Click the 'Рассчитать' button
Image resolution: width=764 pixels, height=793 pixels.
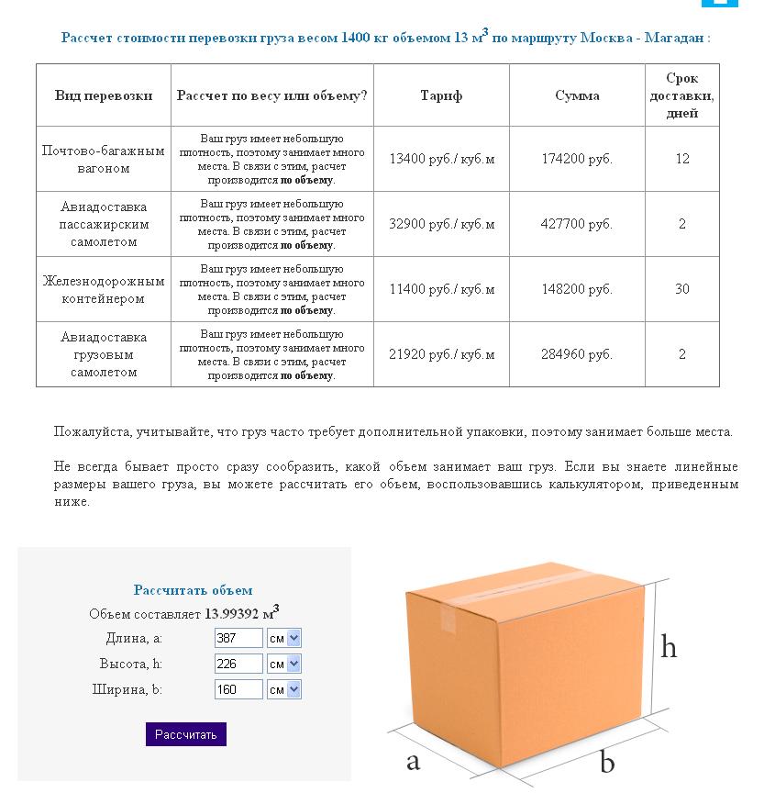[185, 734]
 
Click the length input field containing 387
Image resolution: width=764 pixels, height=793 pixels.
[238, 638]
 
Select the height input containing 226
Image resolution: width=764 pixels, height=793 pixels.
[238, 664]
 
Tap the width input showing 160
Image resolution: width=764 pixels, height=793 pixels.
[238, 689]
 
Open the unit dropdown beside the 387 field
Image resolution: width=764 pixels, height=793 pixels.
[283, 638]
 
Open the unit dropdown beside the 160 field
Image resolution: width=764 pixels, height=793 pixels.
[283, 689]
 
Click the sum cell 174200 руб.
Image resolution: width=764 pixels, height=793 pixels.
[577, 159]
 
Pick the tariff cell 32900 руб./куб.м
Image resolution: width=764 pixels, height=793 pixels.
[441, 224]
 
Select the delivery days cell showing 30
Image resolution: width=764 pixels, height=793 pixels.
[682, 289]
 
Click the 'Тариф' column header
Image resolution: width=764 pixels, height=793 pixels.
[441, 95]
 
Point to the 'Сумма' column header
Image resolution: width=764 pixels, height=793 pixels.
[577, 95]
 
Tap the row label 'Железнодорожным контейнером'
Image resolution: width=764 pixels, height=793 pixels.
[104, 290]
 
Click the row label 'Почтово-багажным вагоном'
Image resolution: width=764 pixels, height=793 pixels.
[104, 159]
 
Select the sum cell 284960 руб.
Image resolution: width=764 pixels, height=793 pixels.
[577, 354]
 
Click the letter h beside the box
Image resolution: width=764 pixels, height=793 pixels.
[669, 647]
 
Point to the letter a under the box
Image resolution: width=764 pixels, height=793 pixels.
[413, 760]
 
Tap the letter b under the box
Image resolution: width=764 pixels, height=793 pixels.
[606, 762]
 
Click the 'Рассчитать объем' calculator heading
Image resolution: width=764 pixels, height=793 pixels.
[193, 590]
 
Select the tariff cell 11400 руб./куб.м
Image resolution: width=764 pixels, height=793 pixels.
[441, 289]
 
